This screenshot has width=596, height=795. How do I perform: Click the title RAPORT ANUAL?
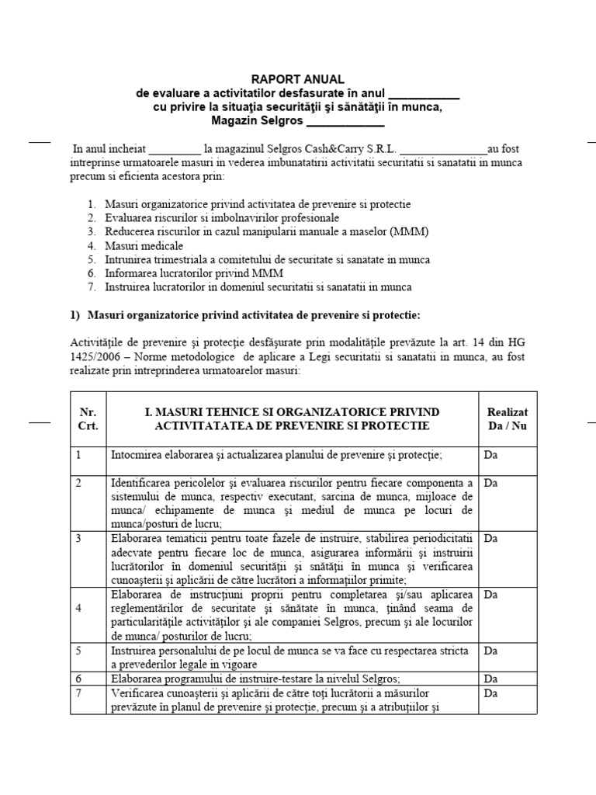pyautogui.click(x=296, y=79)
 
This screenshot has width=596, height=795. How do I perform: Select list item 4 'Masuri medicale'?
pyautogui.click(x=140, y=245)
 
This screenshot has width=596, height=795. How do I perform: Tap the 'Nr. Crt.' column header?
pyautogui.click(x=87, y=419)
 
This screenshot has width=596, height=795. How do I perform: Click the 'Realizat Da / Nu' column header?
pyautogui.click(x=507, y=419)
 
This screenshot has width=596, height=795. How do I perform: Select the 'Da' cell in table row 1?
pyautogui.click(x=490, y=455)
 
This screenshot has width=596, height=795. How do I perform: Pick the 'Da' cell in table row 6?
pyautogui.click(x=490, y=678)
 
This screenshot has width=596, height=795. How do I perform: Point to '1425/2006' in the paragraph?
pyautogui.click(x=95, y=359)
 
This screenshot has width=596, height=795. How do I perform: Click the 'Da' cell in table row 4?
pyautogui.click(x=490, y=594)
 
